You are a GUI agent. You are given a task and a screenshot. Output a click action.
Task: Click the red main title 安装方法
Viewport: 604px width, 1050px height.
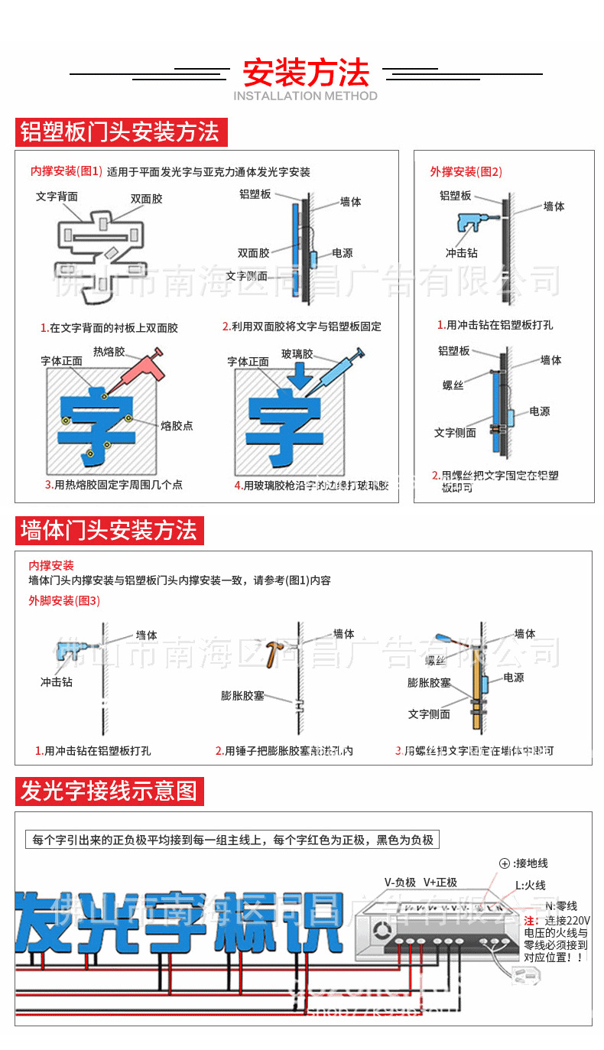(x=306, y=73)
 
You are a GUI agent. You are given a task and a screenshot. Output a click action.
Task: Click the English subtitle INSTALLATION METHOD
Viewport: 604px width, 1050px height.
(x=305, y=96)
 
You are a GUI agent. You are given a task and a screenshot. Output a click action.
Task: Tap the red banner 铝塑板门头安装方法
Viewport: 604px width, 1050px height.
(x=120, y=132)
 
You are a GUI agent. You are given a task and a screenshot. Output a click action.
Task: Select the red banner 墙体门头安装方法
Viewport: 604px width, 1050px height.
(x=109, y=530)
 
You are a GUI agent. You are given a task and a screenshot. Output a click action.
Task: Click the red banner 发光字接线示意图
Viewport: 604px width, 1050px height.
(x=109, y=791)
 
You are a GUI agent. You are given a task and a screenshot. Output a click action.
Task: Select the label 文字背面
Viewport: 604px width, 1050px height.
(x=57, y=197)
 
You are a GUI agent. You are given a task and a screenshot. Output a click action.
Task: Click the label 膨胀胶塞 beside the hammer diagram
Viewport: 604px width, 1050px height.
(x=242, y=695)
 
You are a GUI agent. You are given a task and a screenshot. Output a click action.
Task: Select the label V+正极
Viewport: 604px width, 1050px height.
(x=440, y=882)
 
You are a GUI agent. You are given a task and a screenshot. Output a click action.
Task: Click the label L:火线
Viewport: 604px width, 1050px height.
(x=530, y=885)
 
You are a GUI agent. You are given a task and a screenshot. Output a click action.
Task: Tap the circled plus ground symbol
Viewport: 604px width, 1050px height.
(x=505, y=863)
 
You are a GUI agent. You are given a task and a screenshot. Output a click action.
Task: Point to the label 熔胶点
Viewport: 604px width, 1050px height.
(x=177, y=426)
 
